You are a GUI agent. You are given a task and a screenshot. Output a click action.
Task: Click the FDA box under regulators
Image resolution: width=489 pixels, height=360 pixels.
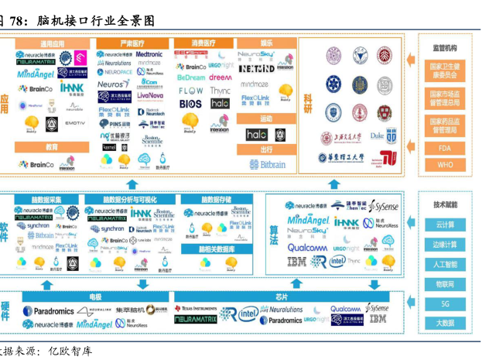(444, 146)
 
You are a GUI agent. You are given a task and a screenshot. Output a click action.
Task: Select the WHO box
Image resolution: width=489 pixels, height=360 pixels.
(444, 165)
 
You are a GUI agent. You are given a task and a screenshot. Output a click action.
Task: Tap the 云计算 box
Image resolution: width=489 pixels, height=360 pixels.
(444, 225)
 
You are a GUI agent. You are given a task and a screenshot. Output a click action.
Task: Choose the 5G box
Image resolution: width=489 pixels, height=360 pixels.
(444, 303)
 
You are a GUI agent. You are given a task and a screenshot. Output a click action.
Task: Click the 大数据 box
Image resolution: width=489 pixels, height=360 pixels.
(444, 323)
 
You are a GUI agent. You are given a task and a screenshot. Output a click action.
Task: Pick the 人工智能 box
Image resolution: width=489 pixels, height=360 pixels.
(444, 264)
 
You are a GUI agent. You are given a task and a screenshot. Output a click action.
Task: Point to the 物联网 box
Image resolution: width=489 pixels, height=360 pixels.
(444, 284)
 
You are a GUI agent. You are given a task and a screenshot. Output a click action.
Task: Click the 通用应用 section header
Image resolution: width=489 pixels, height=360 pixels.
(53, 44)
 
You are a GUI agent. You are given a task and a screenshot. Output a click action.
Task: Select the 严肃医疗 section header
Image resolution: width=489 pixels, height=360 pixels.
(132, 44)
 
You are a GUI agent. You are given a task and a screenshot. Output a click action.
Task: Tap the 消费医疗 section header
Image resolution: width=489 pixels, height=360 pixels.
(202, 44)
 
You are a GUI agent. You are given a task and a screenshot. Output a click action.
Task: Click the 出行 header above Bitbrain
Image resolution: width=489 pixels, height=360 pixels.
(265, 149)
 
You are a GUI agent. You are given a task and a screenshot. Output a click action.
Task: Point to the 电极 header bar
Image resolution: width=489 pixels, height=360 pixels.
(94, 297)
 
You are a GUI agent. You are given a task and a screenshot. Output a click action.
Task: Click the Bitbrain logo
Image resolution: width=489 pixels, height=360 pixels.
(265, 164)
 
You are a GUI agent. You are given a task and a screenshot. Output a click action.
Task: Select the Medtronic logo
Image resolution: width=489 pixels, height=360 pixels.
(150, 55)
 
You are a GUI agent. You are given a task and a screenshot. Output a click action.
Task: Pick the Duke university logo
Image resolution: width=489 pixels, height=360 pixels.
(377, 135)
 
